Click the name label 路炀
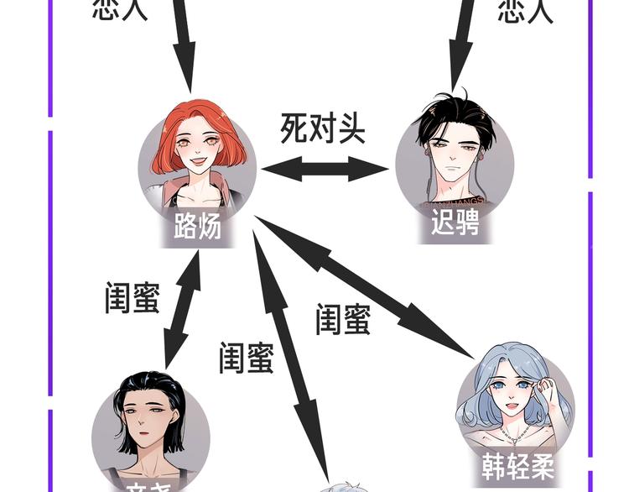pos(198,226)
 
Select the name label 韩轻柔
pos(518,464)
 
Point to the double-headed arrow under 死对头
pos(325,169)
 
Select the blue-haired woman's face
pos(512,391)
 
